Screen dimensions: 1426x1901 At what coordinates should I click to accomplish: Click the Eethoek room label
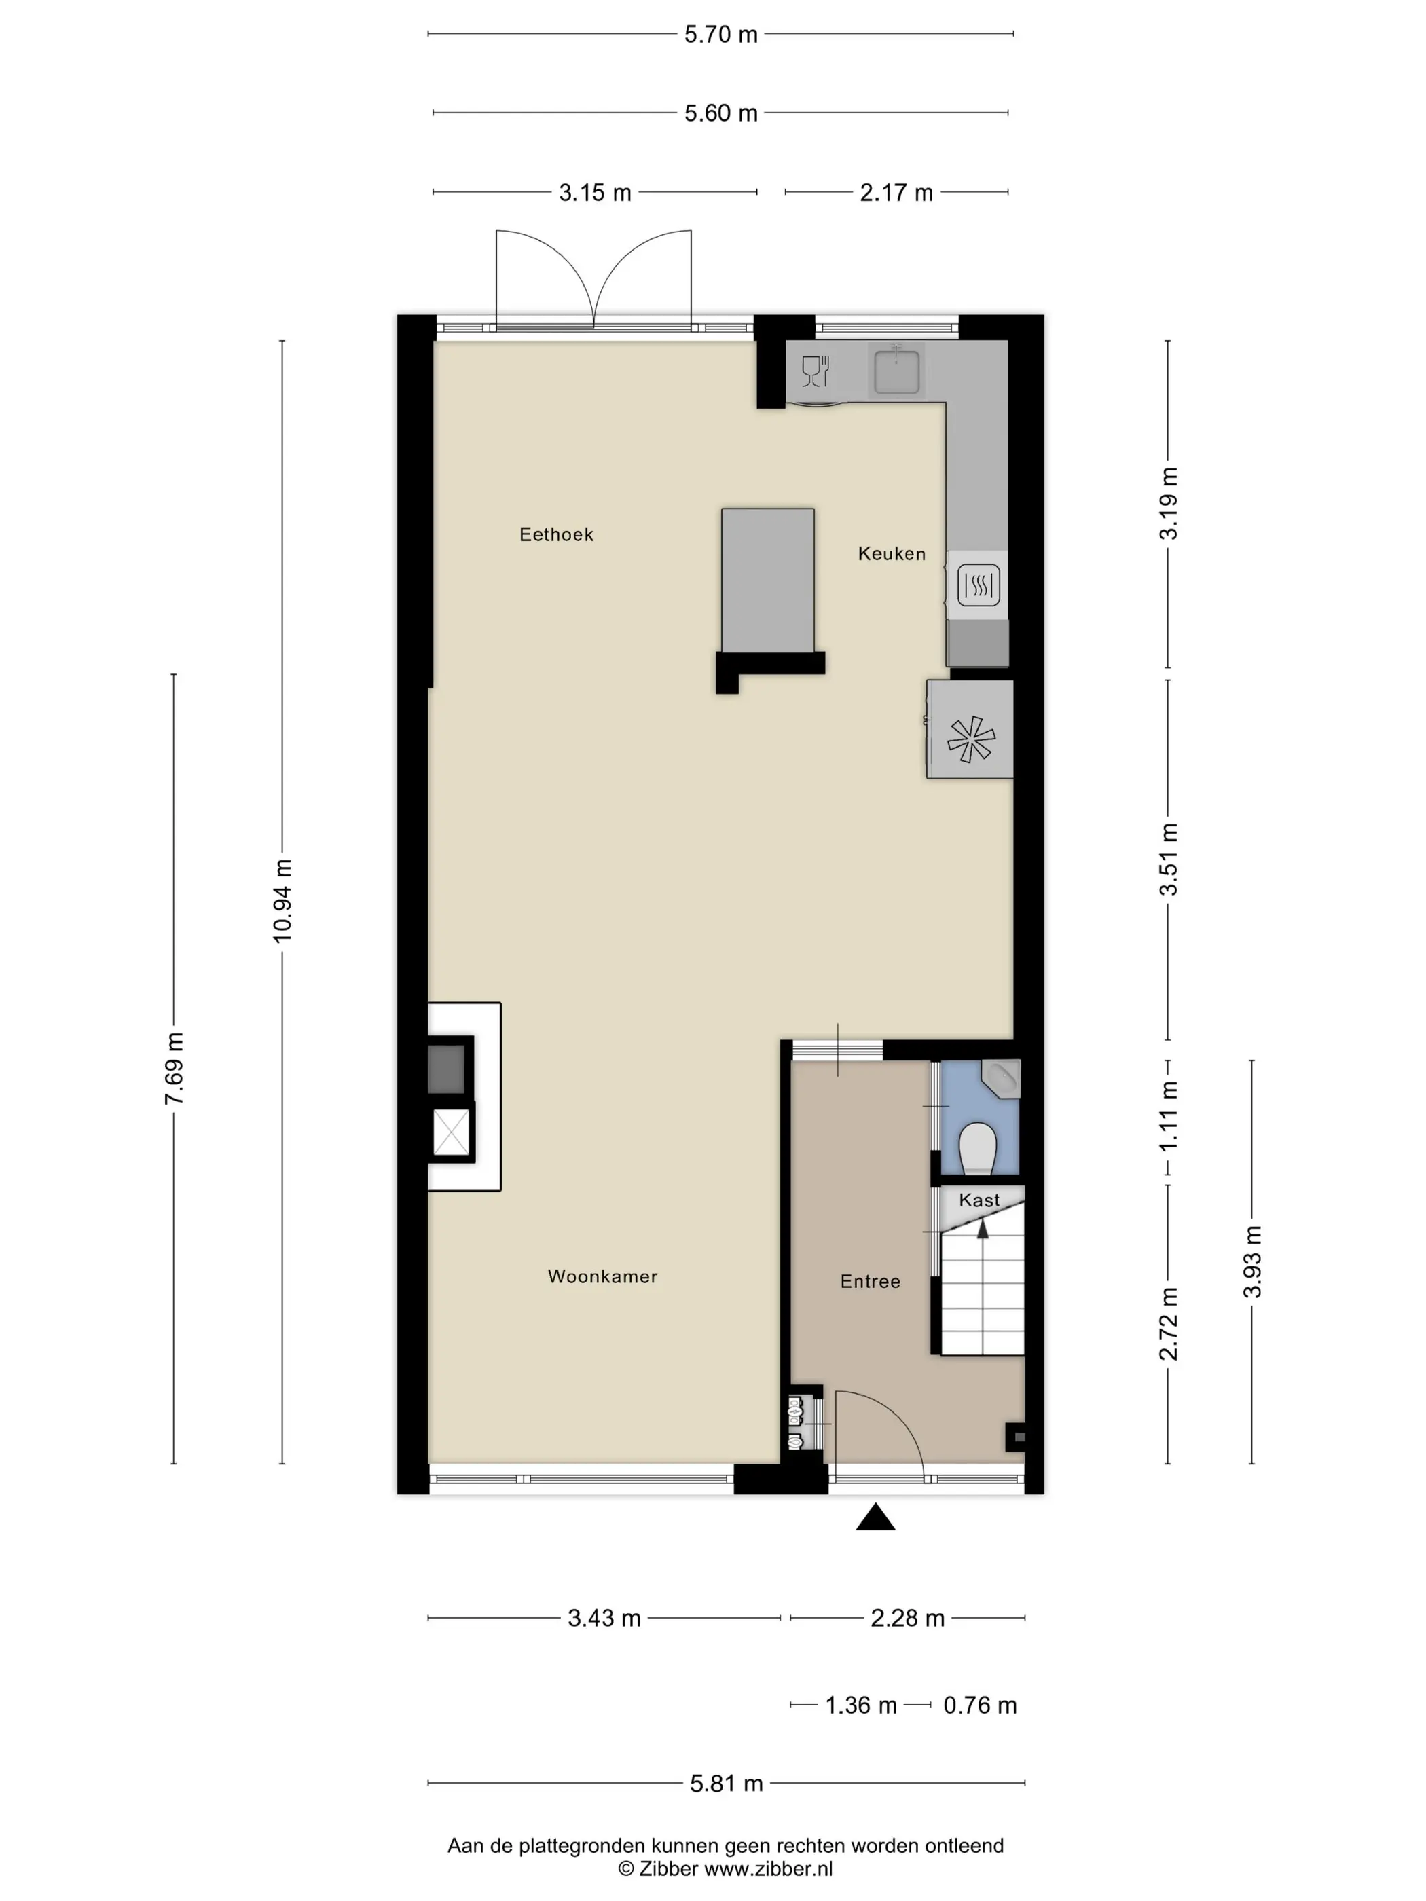556,534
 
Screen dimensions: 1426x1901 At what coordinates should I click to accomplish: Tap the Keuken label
892,553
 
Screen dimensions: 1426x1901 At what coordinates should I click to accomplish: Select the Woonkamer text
602,1276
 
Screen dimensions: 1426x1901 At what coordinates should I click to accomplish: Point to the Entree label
870,1281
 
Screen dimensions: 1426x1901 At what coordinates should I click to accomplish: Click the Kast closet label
979,1200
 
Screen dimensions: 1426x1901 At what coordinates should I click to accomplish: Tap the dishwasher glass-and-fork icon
815,371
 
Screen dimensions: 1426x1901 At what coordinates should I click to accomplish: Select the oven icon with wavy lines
979,585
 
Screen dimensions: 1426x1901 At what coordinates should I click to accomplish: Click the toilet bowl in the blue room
977,1148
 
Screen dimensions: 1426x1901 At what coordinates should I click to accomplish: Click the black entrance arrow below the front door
875,1517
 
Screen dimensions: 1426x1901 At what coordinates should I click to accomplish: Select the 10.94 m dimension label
282,900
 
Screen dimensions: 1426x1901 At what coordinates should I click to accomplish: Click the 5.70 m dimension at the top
720,35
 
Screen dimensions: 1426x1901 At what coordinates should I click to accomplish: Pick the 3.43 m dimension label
604,1619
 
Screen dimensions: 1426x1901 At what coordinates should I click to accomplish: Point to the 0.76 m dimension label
980,1705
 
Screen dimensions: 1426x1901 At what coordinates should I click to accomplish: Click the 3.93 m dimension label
1252,1261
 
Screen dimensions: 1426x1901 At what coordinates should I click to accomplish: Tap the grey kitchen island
767,580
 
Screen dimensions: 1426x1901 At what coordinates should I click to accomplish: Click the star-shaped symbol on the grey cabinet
971,738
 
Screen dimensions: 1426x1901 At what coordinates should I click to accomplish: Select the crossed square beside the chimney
452,1132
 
